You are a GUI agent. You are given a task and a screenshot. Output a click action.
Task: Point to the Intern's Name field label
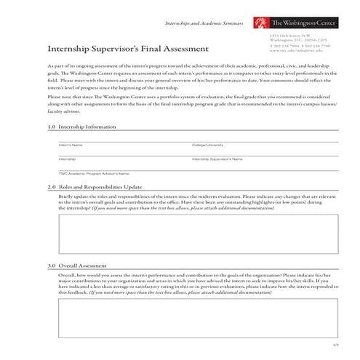[70, 145]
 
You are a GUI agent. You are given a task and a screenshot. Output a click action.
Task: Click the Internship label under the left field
[67, 159]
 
